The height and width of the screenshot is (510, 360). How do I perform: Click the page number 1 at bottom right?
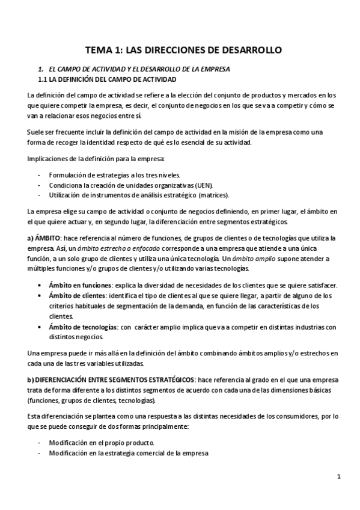tap(339, 477)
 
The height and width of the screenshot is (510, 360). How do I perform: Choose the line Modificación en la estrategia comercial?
tap(129, 453)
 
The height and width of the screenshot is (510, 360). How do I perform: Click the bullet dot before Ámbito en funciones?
tap(40, 285)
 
